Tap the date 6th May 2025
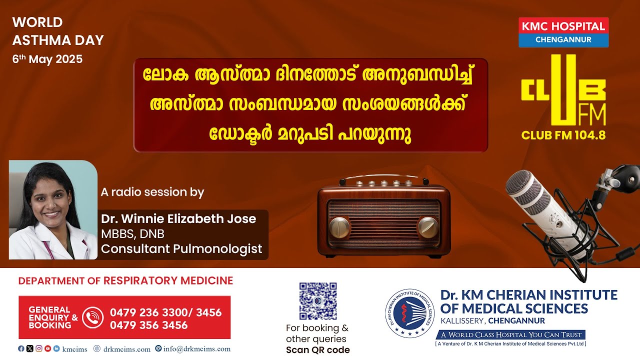pyautogui.click(x=47, y=59)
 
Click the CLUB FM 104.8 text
pyautogui.click(x=563, y=135)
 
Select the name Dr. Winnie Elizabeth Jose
pyautogui.click(x=178, y=219)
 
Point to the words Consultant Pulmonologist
pyautogui.click(x=181, y=249)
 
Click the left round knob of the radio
pyautogui.click(x=339, y=227)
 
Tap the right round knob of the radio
pyautogui.click(x=428, y=227)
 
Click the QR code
pyautogui.click(x=318, y=301)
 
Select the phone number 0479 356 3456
pyautogui.click(x=149, y=325)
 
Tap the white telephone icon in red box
pyautogui.click(x=93, y=317)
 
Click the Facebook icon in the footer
pyautogui.click(x=21, y=348)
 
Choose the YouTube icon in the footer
pyautogui.click(x=47, y=348)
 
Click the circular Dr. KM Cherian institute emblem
pyautogui.click(x=409, y=313)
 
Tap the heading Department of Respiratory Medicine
pyautogui.click(x=125, y=280)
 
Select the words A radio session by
pyautogui.click(x=152, y=192)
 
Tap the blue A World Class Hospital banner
pyautogui.click(x=510, y=334)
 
